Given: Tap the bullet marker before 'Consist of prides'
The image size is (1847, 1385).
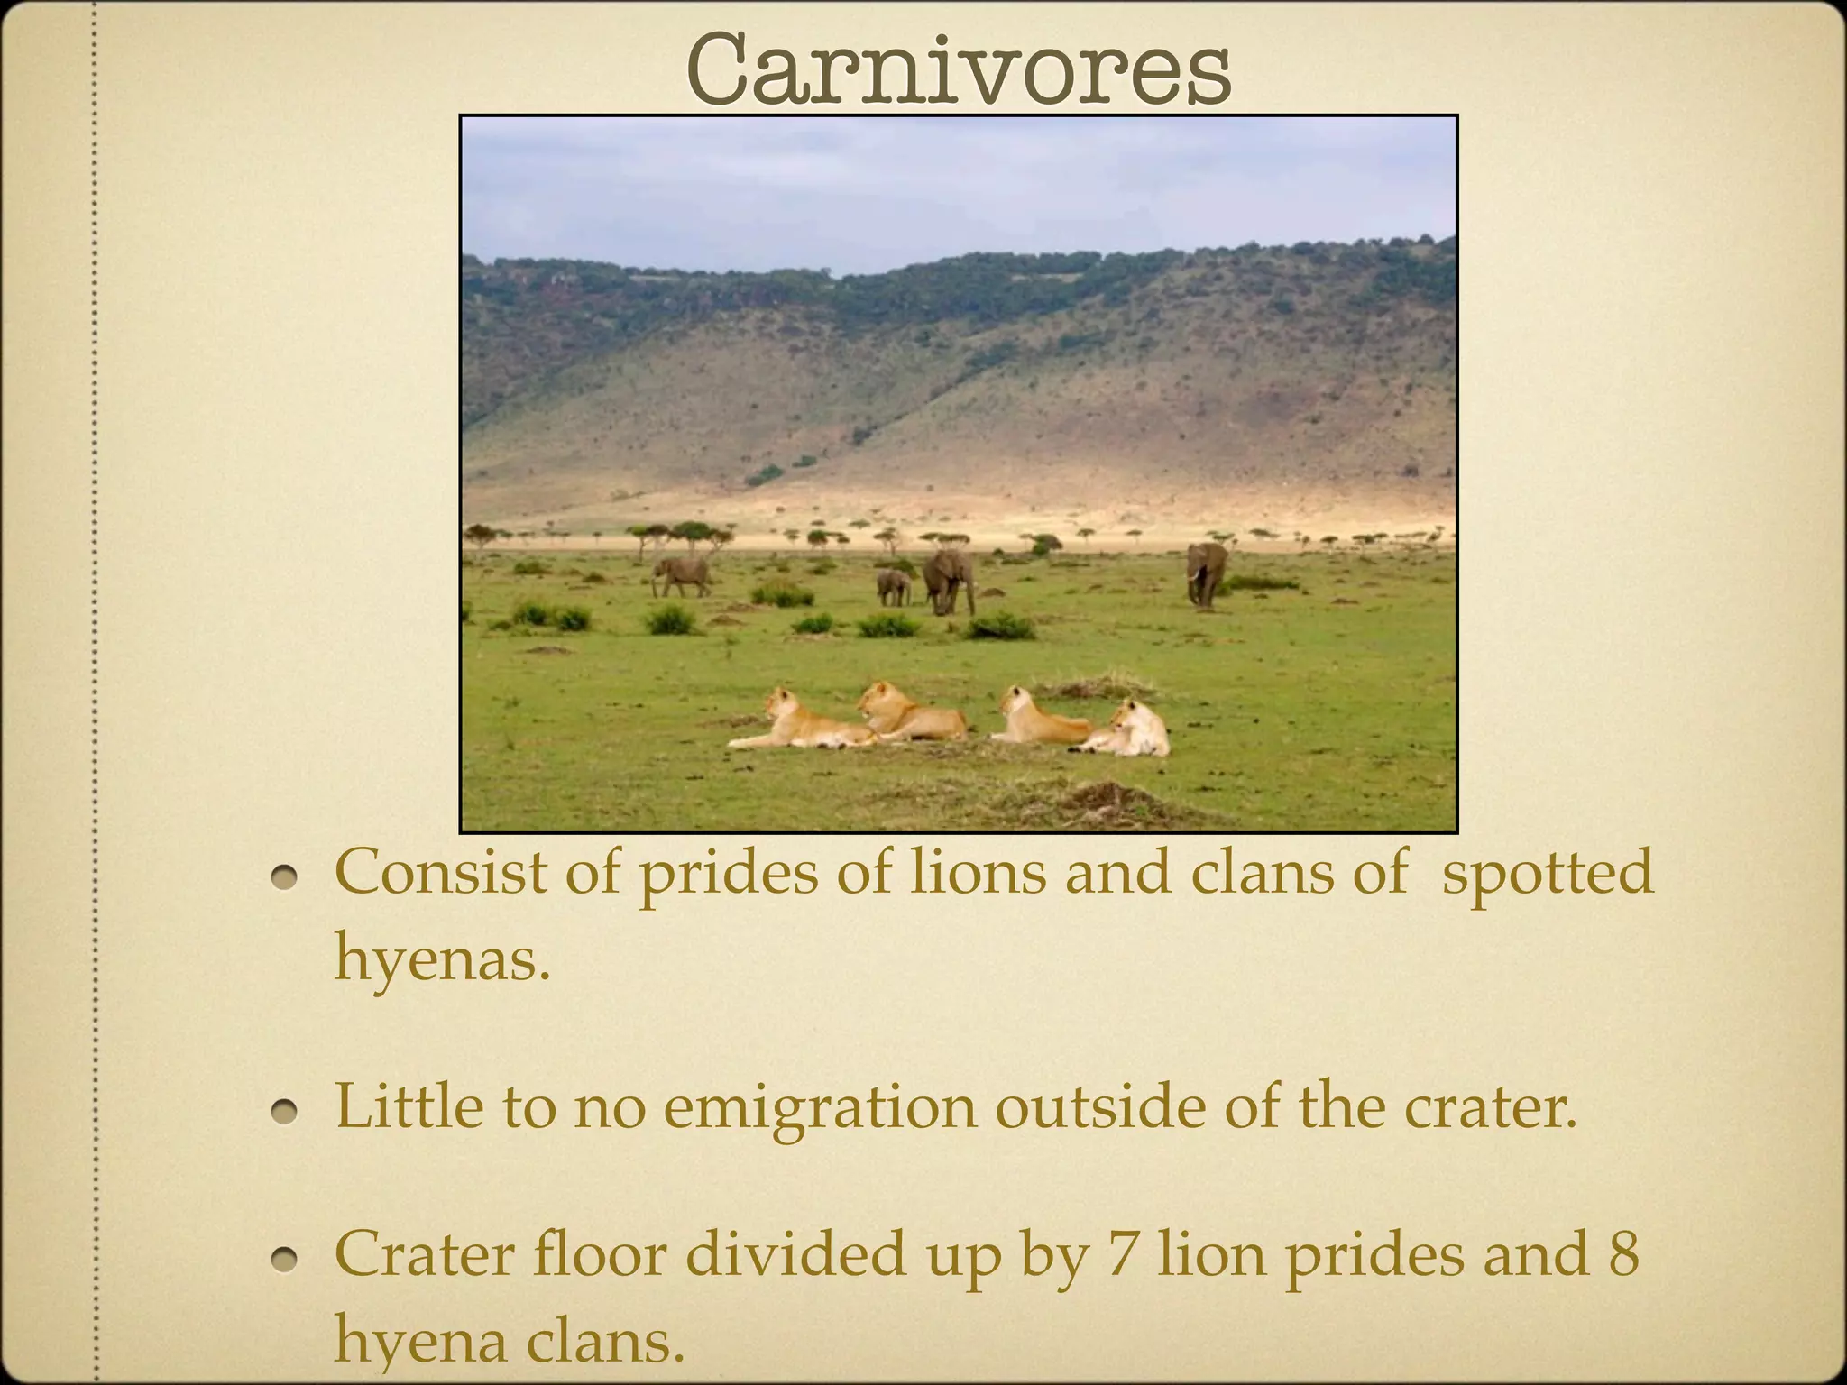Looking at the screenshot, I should (x=286, y=876).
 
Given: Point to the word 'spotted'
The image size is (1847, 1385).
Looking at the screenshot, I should (x=1548, y=873).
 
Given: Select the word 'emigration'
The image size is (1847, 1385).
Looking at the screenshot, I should (x=820, y=1105).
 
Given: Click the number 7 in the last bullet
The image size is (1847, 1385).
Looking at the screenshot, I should (x=1119, y=1253).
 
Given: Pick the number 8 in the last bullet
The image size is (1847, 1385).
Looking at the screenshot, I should (x=1622, y=1253).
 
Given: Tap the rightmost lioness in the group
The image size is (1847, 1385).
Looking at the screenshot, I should (x=1132, y=730).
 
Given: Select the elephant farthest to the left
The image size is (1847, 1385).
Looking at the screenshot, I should (x=680, y=574).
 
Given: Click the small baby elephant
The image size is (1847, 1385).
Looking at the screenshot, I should (x=893, y=587).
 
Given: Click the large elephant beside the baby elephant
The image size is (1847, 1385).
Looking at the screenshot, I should (x=948, y=580).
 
